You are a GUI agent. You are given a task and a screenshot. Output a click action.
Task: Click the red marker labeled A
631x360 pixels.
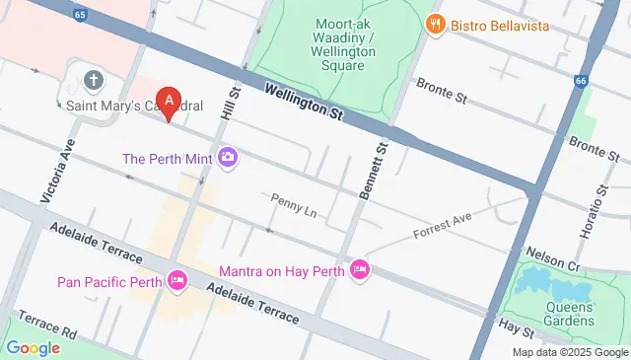(170, 102)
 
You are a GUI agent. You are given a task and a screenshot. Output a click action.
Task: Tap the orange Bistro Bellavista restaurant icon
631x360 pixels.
(432, 23)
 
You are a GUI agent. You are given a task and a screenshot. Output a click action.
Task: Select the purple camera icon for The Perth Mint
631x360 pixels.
(229, 158)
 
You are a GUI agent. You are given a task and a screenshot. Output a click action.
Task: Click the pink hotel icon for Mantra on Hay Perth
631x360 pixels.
(359, 269)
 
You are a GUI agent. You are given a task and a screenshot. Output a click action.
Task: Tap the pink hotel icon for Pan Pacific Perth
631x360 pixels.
(177, 282)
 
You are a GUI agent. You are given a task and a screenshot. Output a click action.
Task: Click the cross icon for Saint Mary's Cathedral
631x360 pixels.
(94, 80)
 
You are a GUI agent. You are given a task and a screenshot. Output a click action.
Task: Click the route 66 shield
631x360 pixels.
(580, 80)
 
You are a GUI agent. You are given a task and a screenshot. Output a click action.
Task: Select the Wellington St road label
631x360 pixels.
(304, 103)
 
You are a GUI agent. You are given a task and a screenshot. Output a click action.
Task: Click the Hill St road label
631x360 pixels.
(234, 104)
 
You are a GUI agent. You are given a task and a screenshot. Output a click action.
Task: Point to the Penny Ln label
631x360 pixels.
(293, 204)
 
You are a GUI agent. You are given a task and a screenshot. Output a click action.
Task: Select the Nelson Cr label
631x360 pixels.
(552, 258)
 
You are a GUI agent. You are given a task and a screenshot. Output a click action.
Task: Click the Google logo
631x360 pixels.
(33, 347)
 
